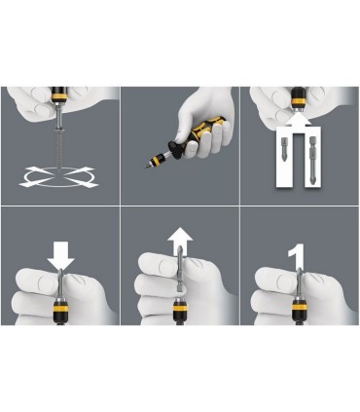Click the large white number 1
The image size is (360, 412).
[x=297, y=256]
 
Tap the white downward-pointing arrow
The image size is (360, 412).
[x=60, y=255]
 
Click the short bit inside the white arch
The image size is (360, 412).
[x=284, y=149]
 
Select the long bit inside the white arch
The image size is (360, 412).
[x=312, y=161]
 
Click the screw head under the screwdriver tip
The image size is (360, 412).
[x=59, y=131]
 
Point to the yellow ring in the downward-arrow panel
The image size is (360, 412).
[x=60, y=308]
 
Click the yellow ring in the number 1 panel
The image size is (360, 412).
[x=300, y=307]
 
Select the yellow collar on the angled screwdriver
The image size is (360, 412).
[x=156, y=161]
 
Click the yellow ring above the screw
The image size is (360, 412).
[x=59, y=96]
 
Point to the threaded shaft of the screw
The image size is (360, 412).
[x=59, y=149]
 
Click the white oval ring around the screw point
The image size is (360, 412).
[x=59, y=186]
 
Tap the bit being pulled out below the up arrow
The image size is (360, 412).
[x=181, y=273]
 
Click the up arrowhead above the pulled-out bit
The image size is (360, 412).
[x=180, y=235]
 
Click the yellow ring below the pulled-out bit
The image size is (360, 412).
[x=179, y=307]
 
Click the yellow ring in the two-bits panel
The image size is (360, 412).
[x=299, y=100]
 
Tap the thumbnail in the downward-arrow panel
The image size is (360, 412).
[x=46, y=281]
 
